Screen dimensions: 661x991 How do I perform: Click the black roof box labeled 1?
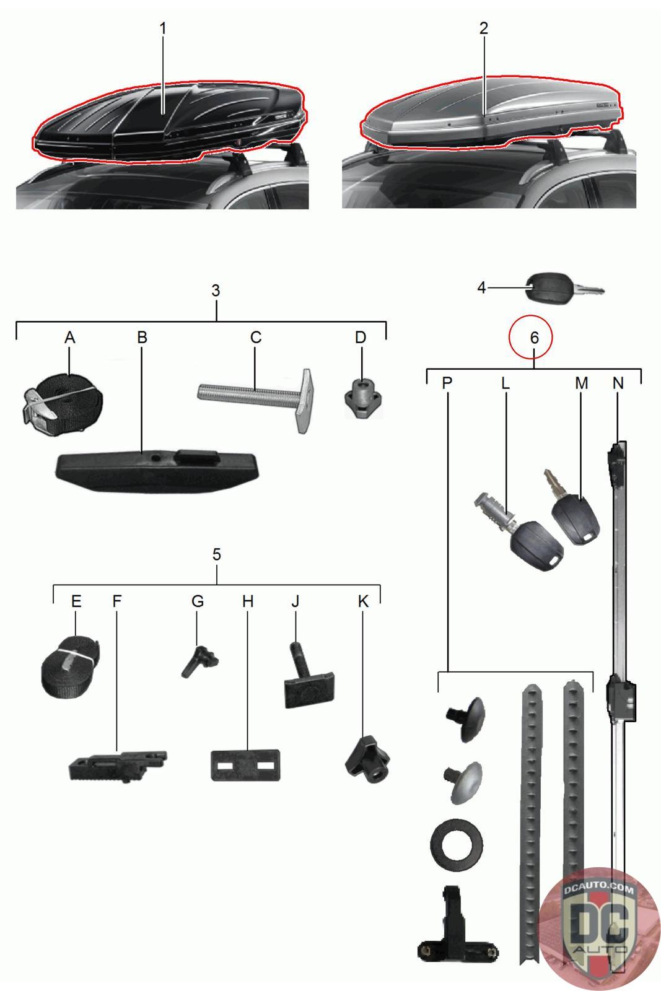(x=168, y=121)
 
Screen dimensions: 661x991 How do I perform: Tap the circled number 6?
(x=535, y=338)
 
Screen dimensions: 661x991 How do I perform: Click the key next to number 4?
(x=564, y=289)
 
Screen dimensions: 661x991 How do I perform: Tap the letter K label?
(x=363, y=601)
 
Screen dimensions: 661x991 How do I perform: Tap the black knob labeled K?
(x=367, y=759)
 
